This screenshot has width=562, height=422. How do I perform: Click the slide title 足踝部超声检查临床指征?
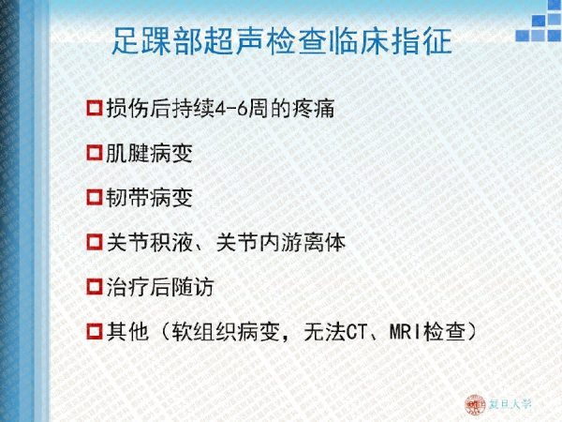282,41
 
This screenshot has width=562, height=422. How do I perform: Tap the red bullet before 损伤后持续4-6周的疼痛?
95,108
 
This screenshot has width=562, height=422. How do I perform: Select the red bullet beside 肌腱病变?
95,153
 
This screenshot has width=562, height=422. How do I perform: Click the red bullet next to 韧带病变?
95,197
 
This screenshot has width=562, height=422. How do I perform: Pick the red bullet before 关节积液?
95,242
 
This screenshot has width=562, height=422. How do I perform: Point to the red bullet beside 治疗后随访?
95,286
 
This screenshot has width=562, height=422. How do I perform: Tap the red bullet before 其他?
95,331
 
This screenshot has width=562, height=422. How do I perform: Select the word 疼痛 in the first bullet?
314,109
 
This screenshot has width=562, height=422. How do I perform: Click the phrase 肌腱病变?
149,153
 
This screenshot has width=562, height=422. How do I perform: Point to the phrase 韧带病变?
149,197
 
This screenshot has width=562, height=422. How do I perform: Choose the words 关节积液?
150,242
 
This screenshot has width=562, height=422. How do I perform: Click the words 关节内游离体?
281,242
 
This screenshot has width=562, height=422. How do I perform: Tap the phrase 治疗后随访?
160,287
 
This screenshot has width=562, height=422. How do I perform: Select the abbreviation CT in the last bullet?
357,332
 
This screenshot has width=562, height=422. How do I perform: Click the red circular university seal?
475,405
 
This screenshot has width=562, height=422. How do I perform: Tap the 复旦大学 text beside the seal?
510,404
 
